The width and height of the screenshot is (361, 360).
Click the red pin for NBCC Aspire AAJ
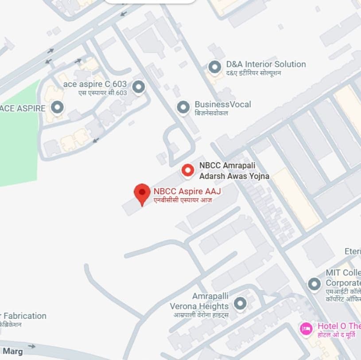point(142,193)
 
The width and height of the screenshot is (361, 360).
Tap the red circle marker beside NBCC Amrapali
point(188,170)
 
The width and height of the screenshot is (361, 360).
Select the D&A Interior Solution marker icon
point(215,67)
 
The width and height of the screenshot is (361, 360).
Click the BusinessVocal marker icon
point(183,107)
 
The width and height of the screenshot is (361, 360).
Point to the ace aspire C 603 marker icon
point(139,86)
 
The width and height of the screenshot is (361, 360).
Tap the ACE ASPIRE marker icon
point(57,107)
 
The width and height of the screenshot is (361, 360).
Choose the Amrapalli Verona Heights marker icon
point(240,304)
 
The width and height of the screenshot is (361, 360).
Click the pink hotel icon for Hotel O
point(306,329)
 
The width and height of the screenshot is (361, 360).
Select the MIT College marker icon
point(314,284)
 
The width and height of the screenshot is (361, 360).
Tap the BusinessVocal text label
point(223,105)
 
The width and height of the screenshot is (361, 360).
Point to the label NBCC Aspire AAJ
point(187,192)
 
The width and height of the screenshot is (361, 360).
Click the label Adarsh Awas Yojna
point(234,176)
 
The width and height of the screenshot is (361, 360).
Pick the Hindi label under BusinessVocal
point(212,113)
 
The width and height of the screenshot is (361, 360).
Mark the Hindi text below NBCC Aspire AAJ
point(182,200)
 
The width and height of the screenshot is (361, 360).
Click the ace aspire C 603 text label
point(95,84)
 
